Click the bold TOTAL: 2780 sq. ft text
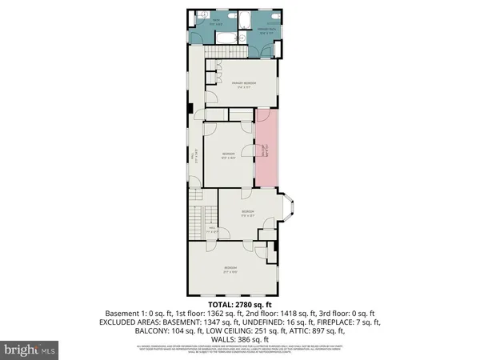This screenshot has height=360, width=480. pos(239,305)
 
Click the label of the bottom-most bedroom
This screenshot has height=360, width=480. pos(230,269)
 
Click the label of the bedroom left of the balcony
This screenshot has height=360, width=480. pos(227,156)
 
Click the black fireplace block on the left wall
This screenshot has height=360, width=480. pos(189,110)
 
